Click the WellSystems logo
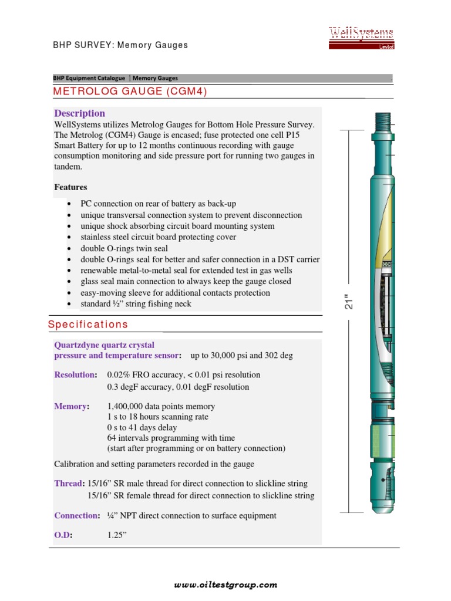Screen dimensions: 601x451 tap(361, 38)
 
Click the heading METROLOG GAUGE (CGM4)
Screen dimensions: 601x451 tap(130, 92)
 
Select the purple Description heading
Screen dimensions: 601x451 tap(79, 113)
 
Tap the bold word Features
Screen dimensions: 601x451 tap(70, 187)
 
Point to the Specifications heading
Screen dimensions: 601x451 tap(87, 325)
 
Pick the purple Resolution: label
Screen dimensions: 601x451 tap(75, 374)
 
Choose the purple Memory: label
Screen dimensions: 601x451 tap(72, 406)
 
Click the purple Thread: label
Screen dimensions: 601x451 tap(69, 484)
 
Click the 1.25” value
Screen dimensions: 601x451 tap(117, 535)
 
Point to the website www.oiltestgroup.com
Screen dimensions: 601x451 tap(225, 585)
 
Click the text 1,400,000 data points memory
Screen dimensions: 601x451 tap(161, 406)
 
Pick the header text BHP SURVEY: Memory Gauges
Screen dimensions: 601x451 tap(121, 45)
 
